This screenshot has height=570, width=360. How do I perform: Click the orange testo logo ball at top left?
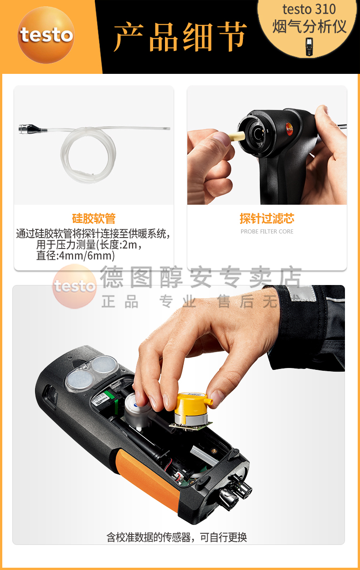point(46,35)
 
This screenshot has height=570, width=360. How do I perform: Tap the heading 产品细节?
point(180,36)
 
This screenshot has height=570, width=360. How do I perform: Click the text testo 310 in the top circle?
point(309,9)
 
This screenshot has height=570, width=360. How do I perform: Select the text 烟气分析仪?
point(309,26)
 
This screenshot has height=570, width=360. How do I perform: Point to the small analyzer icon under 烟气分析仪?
point(309,47)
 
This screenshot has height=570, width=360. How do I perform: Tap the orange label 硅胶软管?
point(94,218)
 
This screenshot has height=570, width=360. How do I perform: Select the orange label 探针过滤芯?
point(267,218)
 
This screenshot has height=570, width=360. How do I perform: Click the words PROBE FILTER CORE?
point(267,232)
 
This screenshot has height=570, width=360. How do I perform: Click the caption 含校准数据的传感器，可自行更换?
point(177,537)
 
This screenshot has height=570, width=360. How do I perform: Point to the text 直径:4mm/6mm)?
point(75,256)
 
